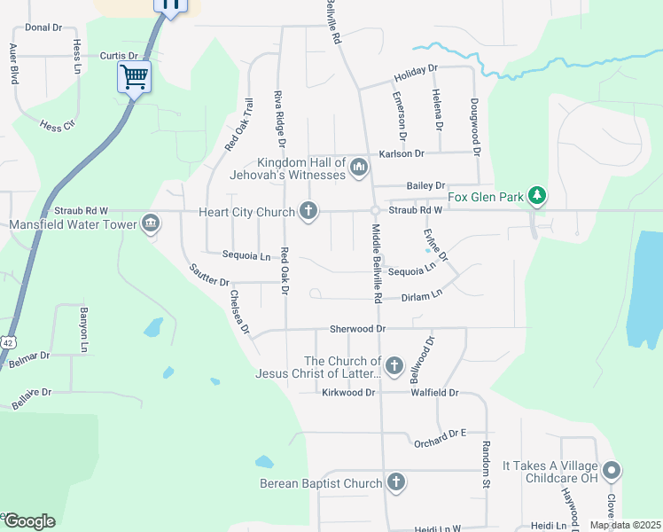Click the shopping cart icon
[134, 76]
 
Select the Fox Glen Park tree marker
[535, 195]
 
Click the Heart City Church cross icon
[308, 211]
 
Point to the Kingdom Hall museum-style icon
[358, 167]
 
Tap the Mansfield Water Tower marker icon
[150, 222]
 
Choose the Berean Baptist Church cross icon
[395, 483]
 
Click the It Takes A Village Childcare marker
[611, 471]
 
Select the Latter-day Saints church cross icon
[394, 365]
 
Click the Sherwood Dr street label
[358, 328]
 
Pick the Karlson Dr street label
[402, 153]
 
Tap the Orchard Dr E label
[439, 434]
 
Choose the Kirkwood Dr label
[349, 392]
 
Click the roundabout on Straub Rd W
[375, 211]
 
